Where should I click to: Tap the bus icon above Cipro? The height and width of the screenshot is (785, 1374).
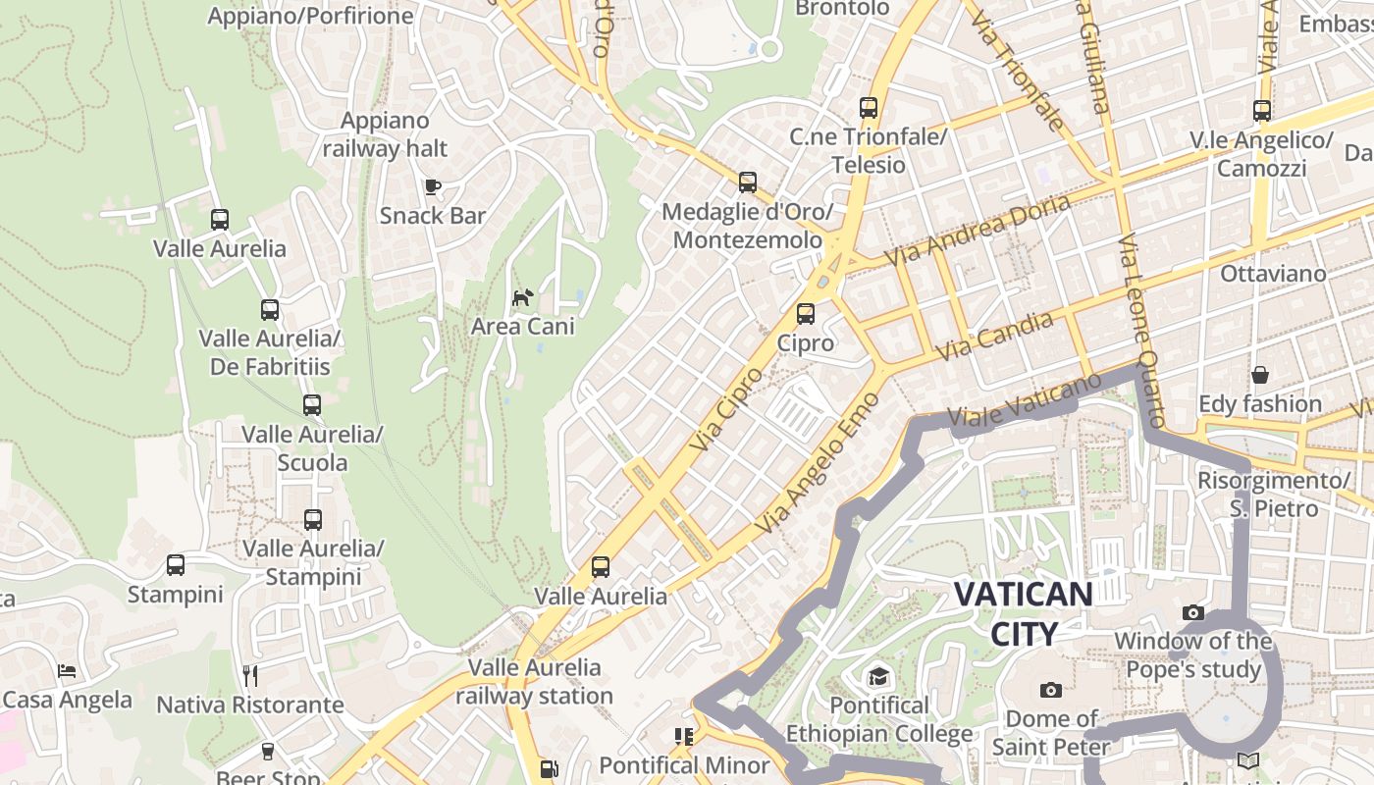806,314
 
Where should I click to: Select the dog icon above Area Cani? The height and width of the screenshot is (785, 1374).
523,296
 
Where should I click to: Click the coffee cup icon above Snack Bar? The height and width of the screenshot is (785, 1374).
432,186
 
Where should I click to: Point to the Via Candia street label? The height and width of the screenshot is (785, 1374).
994,336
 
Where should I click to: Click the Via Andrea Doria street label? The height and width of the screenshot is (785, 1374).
977,231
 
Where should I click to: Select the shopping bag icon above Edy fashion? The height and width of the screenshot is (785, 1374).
1260,375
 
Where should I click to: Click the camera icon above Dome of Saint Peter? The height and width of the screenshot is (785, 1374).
1051,690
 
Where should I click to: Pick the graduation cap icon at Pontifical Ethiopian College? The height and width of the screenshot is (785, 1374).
878,676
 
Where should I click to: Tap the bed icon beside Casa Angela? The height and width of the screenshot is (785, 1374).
67,671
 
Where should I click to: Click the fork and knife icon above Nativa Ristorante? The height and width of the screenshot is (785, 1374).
250,675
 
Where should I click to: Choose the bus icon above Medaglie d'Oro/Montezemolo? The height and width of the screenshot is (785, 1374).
748,183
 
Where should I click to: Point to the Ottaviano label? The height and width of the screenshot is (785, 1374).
1273,274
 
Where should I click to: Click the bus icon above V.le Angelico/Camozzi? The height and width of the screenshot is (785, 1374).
1262,111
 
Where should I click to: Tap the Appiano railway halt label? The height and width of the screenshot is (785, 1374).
385,134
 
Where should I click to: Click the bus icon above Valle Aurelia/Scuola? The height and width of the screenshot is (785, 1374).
312,404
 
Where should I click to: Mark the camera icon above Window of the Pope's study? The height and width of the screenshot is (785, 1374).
1193,613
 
